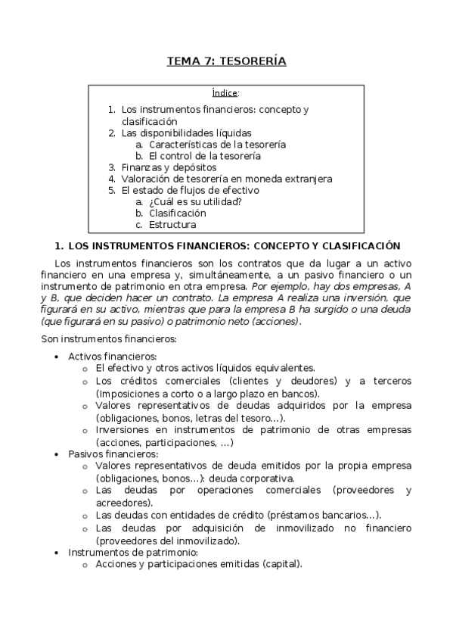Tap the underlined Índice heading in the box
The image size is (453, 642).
coord(225,93)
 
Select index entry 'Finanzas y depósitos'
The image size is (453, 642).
coord(169,167)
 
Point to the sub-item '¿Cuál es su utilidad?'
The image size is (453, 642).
coord(195,201)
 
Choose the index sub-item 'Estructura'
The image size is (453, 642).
coord(172,225)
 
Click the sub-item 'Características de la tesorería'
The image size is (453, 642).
coord(217,144)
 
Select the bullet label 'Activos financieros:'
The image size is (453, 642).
coord(112,356)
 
